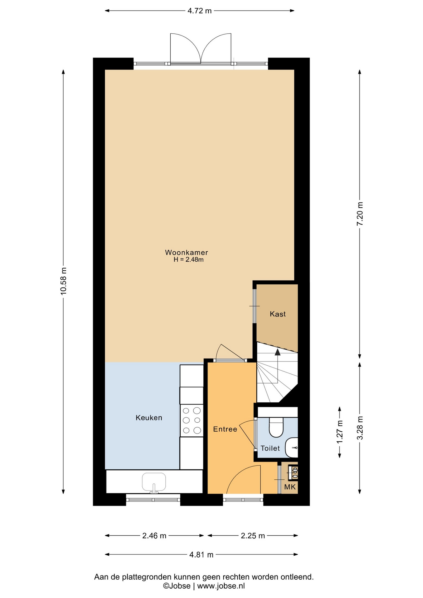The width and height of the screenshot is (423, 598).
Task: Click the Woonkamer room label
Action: tap(186, 253)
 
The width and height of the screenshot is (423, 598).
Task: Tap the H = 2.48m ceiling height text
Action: tap(188, 260)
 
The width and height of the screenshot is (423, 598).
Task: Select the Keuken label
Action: tap(149, 418)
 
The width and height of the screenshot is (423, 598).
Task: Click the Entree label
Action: tap(225, 429)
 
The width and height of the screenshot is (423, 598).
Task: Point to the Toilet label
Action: tap(270, 448)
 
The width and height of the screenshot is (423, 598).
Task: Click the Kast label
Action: tap(278, 314)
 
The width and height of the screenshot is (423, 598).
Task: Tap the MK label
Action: tap(290, 487)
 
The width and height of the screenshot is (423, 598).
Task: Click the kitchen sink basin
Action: tap(154, 482)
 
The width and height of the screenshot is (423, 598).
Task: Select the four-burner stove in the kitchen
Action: tap(192, 420)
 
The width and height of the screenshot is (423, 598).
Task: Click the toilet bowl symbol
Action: tap(276, 427)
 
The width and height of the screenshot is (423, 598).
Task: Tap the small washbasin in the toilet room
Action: tap(292, 448)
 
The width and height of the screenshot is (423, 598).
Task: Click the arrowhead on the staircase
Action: tap(277, 352)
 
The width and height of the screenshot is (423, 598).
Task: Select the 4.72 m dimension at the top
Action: tap(199, 11)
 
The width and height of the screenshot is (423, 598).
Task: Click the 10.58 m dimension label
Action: tap(64, 281)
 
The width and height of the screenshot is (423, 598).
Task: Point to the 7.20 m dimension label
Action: tap(360, 214)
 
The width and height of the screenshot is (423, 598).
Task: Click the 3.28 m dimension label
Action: tap(360, 428)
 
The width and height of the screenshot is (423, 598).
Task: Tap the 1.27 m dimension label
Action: tap(340, 432)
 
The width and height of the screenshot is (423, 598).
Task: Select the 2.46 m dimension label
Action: tap(154, 536)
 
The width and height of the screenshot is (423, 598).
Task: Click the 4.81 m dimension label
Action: tap(201, 554)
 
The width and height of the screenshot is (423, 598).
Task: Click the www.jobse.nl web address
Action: tap(221, 586)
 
